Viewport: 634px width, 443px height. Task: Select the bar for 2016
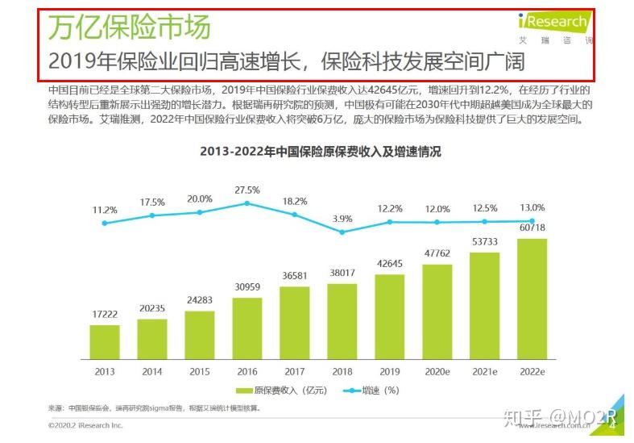[x=247, y=328]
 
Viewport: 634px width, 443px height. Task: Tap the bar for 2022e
[x=532, y=298]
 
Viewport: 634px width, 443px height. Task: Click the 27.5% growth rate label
[x=247, y=190]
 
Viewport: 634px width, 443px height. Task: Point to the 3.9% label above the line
[x=342, y=219]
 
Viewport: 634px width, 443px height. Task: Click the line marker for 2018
[x=342, y=232]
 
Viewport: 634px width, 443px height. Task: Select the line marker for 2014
[x=152, y=215]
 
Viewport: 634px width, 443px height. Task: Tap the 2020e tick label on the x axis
[x=437, y=371]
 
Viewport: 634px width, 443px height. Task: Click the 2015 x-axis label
[x=200, y=371]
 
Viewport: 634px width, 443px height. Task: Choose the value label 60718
[x=532, y=228]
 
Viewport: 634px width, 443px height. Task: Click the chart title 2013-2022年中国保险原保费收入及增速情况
[x=320, y=151]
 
